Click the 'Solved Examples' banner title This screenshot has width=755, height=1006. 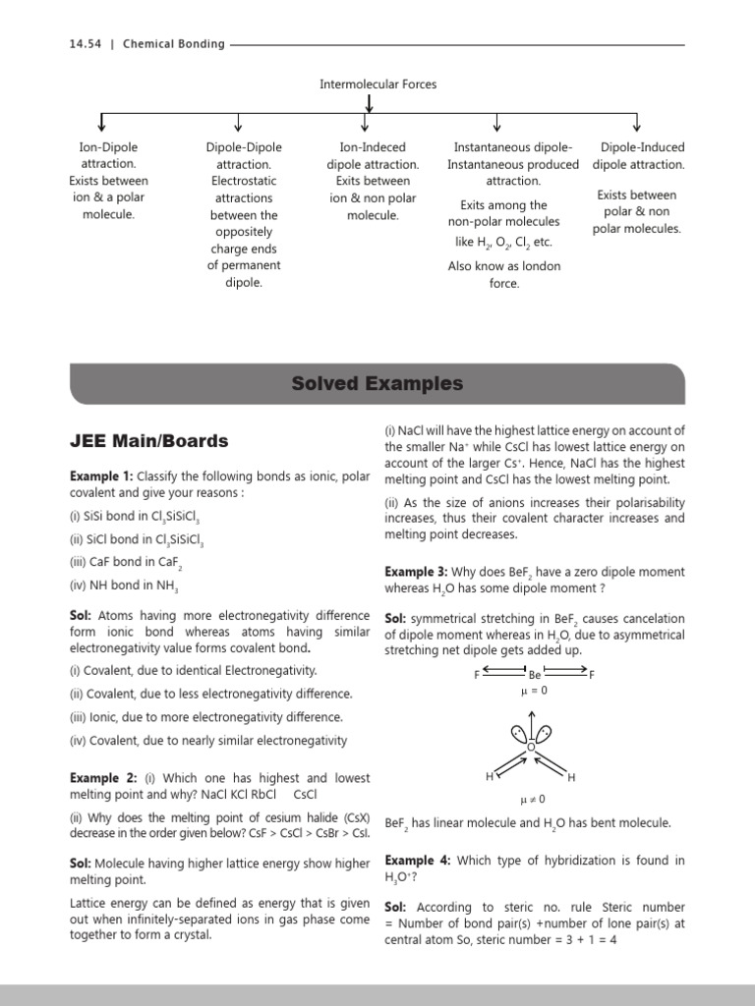[x=377, y=384]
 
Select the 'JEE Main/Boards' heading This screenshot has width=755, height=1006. [x=148, y=441]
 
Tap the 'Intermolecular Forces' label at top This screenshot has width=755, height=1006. [x=377, y=84]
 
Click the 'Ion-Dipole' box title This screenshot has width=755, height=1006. [x=108, y=147]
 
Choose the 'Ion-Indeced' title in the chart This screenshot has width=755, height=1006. [x=373, y=147]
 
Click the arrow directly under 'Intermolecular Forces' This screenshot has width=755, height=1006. [x=370, y=103]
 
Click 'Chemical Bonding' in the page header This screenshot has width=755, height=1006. [x=173, y=44]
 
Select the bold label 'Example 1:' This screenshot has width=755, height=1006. [x=101, y=476]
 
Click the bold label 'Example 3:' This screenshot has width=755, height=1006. [x=417, y=572]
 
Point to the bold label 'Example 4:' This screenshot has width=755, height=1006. [x=417, y=861]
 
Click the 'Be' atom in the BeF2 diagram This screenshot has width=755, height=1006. [x=535, y=675]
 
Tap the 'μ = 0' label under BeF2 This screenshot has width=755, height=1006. [x=533, y=691]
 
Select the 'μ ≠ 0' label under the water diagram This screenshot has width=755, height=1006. [x=532, y=799]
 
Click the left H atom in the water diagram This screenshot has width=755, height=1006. [x=490, y=777]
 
